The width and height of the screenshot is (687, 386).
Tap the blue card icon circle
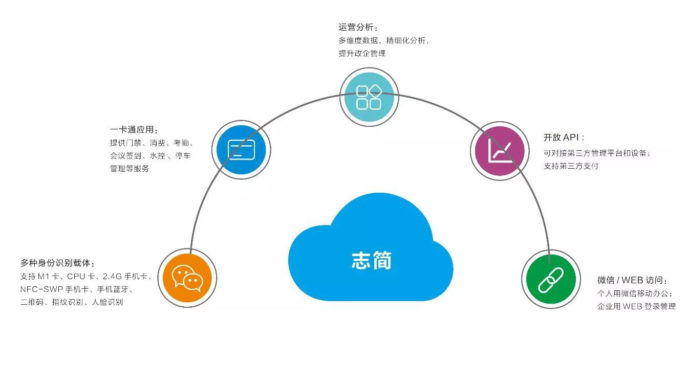click(x=241, y=150)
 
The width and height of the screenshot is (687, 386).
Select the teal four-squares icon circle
click(x=369, y=97)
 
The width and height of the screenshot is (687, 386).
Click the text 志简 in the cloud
click(x=371, y=260)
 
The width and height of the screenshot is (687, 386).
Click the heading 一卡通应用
click(x=134, y=130)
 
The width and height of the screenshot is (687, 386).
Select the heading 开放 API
click(x=564, y=138)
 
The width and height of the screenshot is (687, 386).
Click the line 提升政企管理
click(x=361, y=53)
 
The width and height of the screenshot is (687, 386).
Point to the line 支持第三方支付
click(x=571, y=166)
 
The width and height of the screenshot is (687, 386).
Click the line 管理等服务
click(x=130, y=169)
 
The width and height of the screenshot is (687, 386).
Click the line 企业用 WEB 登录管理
click(x=636, y=307)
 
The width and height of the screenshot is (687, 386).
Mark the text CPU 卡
click(x=81, y=277)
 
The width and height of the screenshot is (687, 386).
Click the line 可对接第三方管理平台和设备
click(x=597, y=153)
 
